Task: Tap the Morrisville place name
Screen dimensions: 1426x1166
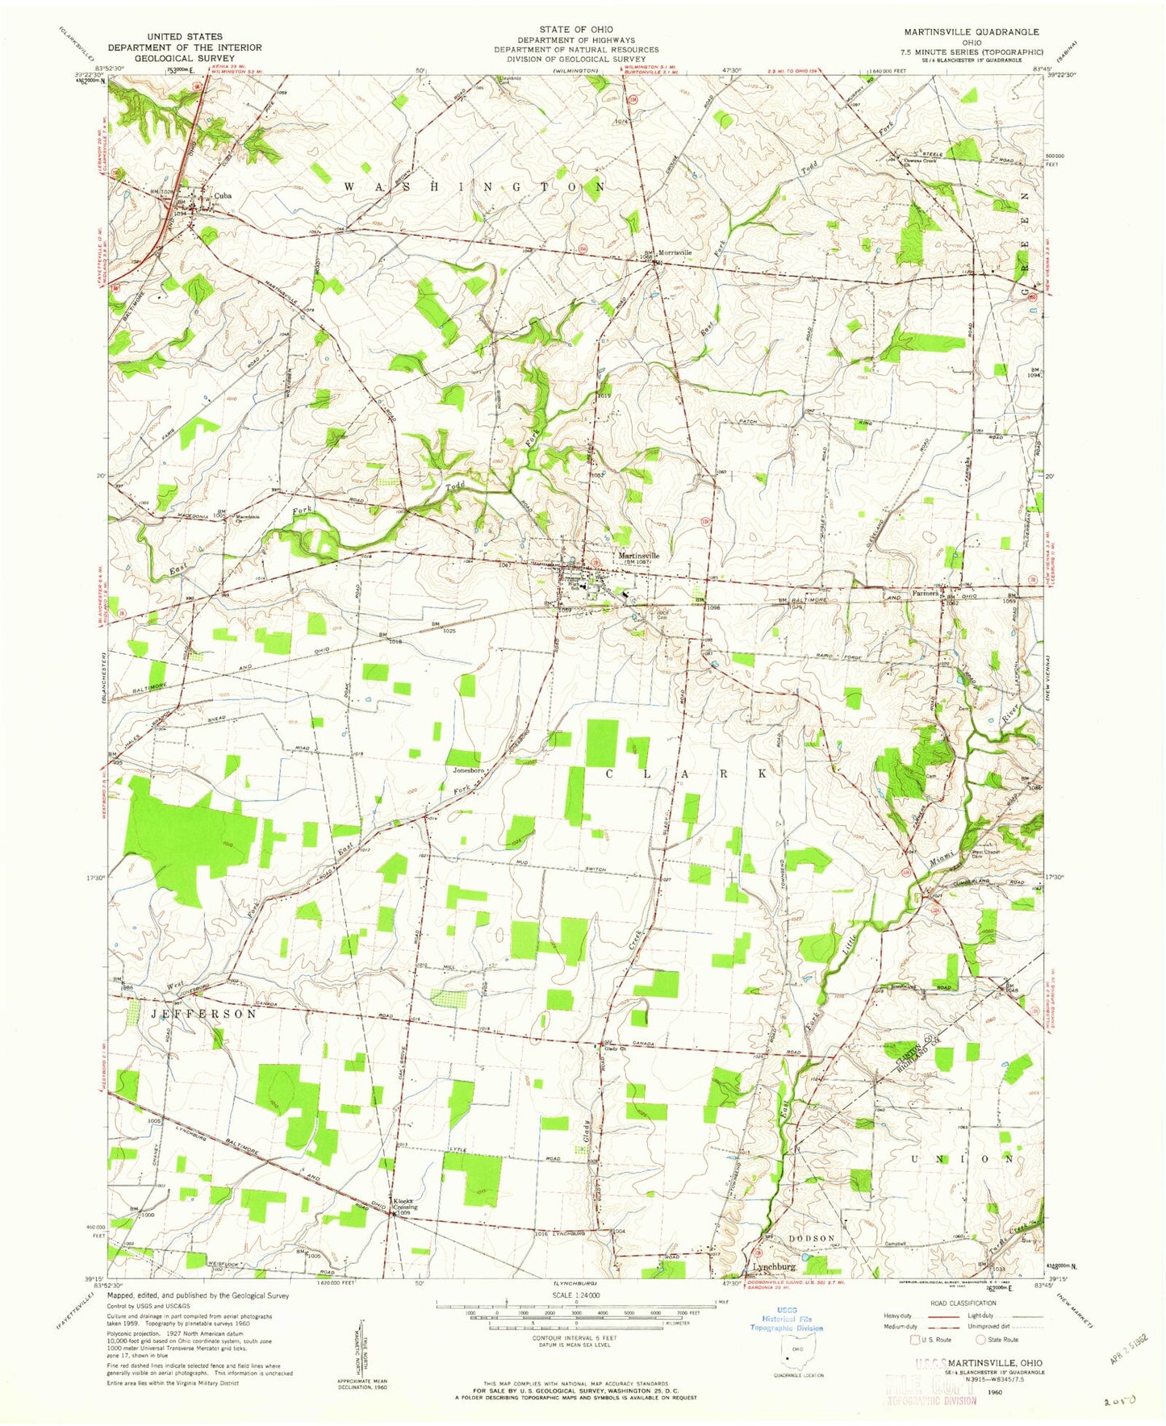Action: (x=676, y=252)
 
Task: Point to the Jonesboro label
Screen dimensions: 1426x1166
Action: (x=468, y=770)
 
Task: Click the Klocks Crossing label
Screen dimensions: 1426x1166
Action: (x=404, y=1201)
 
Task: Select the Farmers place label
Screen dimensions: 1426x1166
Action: (x=926, y=593)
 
